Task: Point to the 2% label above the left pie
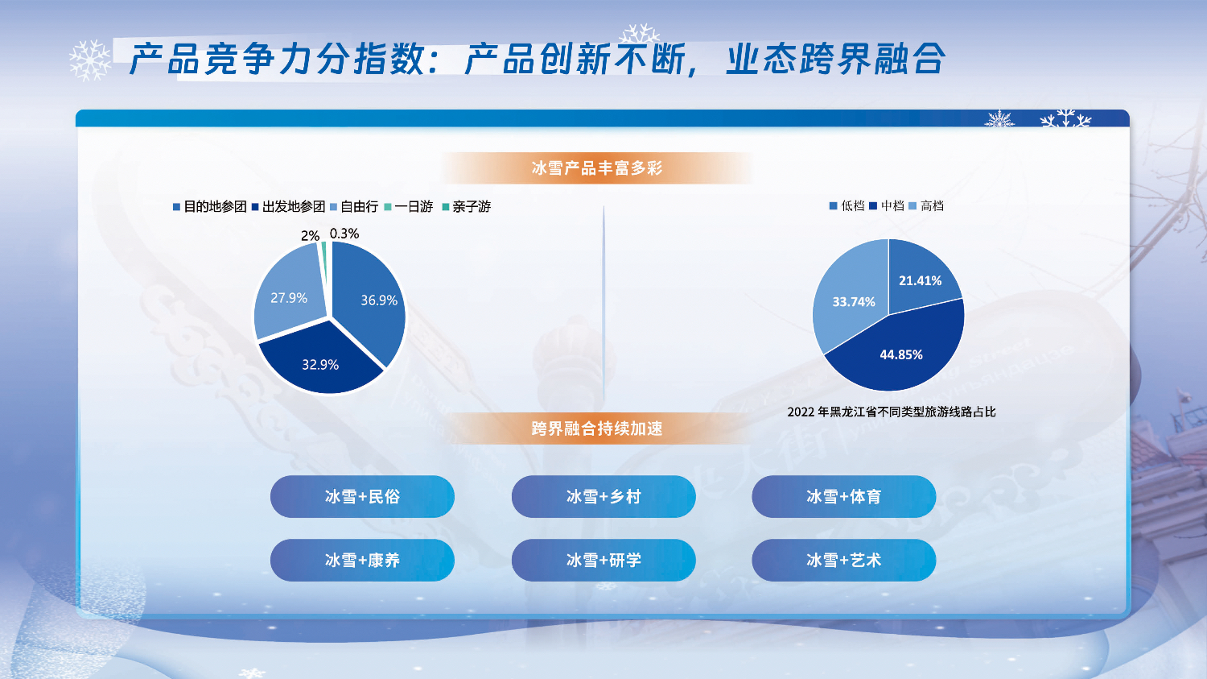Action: [x=310, y=236]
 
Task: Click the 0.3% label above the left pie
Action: [x=344, y=234]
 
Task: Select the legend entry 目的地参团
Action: [x=209, y=206]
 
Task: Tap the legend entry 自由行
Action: [x=354, y=206]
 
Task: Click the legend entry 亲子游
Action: [x=467, y=206]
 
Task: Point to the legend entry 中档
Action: [x=887, y=205]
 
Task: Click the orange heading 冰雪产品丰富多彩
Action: [x=597, y=168]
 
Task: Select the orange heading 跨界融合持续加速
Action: [x=597, y=429]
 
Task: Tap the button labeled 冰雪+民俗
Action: [x=362, y=496]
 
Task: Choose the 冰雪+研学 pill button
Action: [x=603, y=561]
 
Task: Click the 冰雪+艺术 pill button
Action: [x=844, y=561]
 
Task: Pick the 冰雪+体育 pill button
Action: [x=844, y=496]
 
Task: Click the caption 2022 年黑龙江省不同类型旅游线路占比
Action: [x=892, y=412]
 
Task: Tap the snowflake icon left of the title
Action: [x=90, y=60]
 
